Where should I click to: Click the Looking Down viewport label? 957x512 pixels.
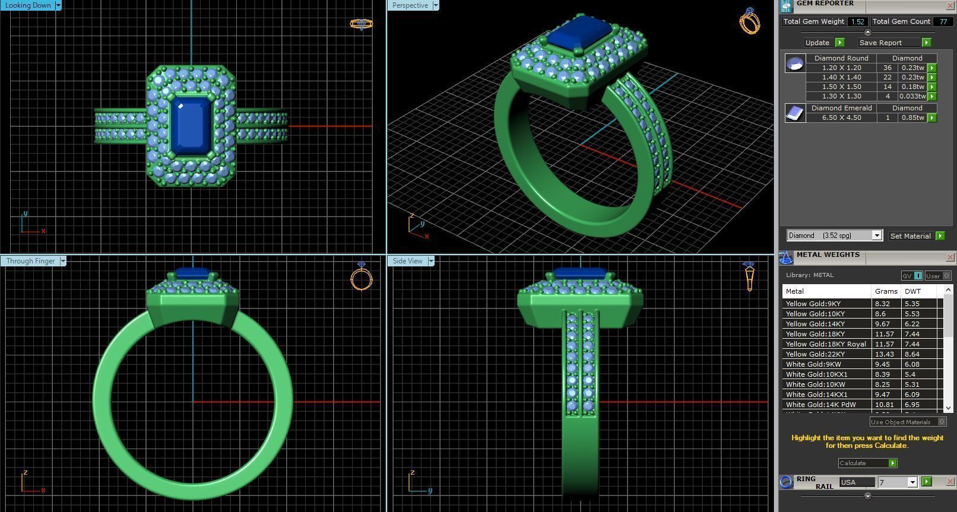28,5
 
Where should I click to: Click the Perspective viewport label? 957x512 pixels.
410,5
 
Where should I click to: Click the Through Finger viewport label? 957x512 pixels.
30,261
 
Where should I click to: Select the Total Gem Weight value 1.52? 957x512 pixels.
857,21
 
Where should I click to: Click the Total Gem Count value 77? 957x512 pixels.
943,21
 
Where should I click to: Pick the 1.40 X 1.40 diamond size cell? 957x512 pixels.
841,77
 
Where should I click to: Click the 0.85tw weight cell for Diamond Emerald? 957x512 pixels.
912,117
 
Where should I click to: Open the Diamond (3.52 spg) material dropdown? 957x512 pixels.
876,236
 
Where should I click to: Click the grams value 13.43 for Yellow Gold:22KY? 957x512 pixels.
884,354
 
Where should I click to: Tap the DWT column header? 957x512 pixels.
912,291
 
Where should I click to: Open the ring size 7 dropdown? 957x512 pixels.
912,482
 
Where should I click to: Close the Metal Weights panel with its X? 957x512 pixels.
949,257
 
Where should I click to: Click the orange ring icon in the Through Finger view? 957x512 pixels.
361,277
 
